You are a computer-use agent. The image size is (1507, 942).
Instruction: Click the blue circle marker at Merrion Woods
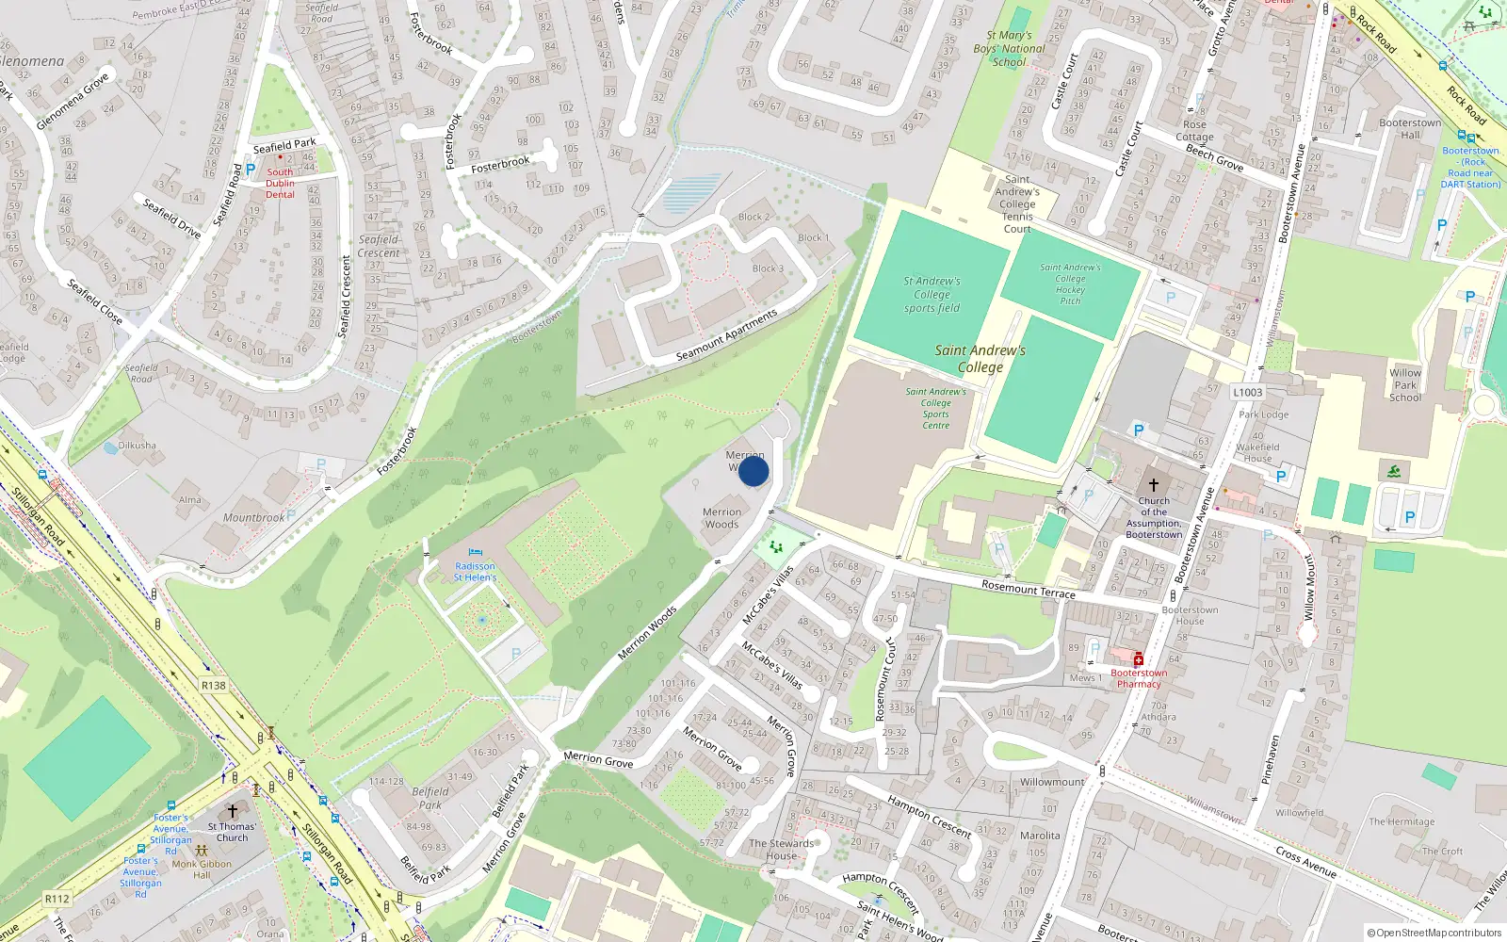(x=753, y=471)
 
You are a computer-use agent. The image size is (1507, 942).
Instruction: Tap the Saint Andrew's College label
(x=980, y=359)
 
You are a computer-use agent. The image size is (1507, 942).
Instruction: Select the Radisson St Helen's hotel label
(x=475, y=572)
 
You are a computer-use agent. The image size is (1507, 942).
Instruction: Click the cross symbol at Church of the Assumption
(x=1154, y=484)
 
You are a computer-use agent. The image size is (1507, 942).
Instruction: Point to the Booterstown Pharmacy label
(x=1139, y=678)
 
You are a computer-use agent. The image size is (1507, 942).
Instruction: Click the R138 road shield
(x=214, y=686)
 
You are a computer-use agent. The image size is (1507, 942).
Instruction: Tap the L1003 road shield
(x=1248, y=393)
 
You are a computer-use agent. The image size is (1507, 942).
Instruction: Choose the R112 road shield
(x=57, y=899)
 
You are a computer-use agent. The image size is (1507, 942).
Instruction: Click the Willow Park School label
(x=1405, y=385)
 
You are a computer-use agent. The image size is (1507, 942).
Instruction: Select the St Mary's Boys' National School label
(x=1009, y=49)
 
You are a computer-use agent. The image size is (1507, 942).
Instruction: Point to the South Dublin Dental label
(x=280, y=183)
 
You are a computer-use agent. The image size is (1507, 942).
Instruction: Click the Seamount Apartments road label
(x=727, y=336)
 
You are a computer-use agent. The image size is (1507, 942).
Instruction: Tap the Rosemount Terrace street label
(x=1028, y=590)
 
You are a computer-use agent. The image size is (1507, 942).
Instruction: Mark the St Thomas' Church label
(x=232, y=832)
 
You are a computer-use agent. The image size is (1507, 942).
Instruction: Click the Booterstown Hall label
(x=1410, y=129)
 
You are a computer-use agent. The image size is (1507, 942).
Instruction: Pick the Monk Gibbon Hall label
(x=202, y=869)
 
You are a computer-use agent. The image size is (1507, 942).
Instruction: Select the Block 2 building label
(x=753, y=217)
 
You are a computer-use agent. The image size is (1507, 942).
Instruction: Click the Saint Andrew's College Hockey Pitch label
(x=1070, y=284)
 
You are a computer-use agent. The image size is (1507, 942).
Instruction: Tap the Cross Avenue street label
(x=1307, y=862)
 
